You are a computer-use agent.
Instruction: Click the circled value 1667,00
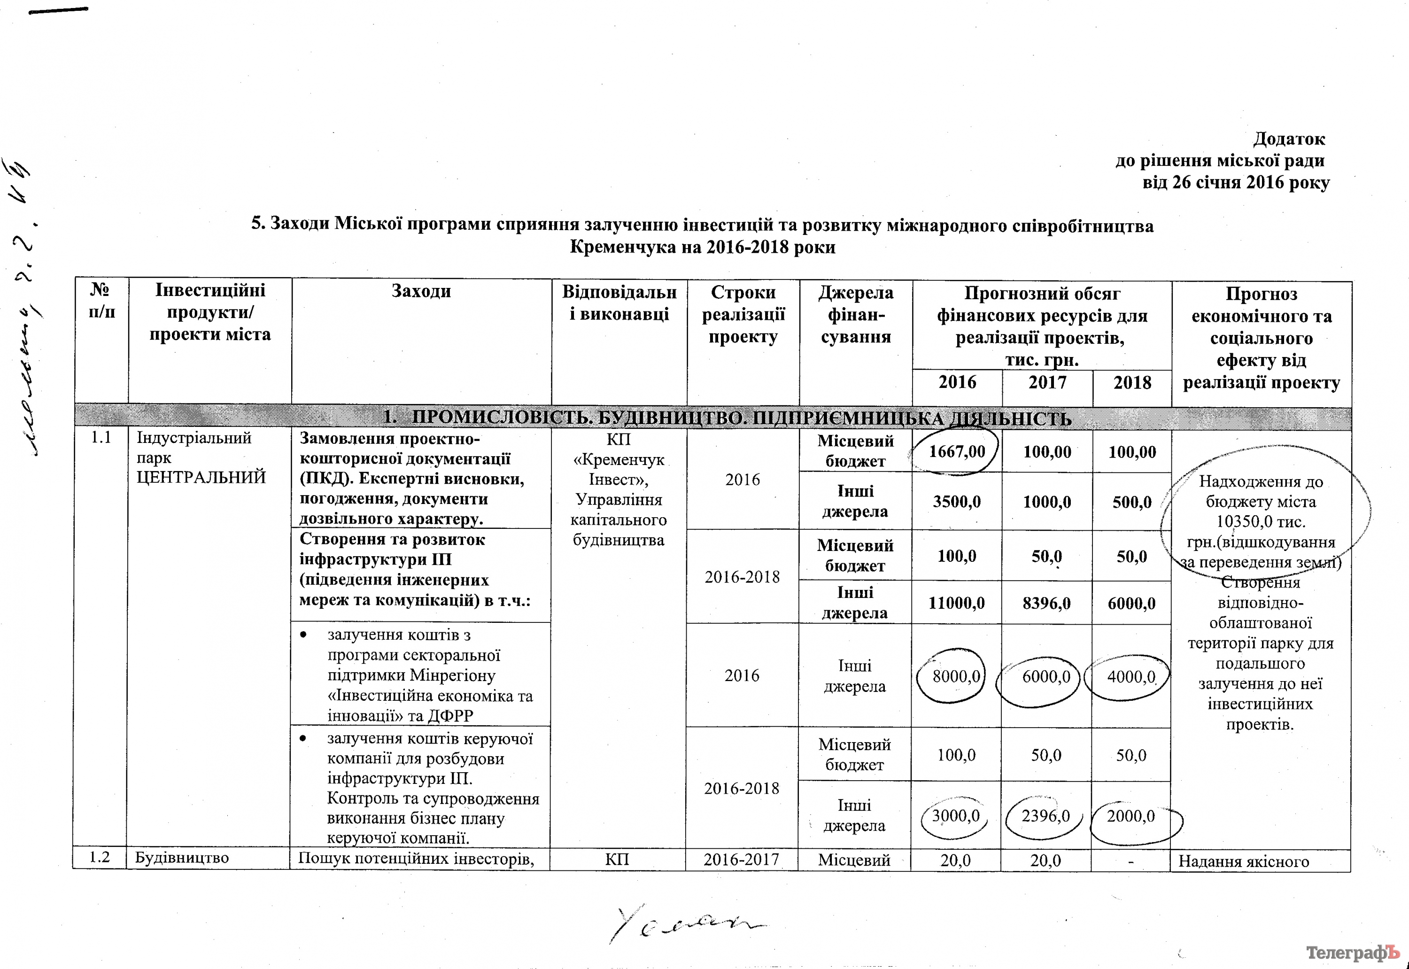point(957,452)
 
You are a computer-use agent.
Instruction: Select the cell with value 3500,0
point(957,502)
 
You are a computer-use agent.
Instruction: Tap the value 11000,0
point(956,603)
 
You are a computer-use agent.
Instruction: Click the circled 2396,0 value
point(1045,816)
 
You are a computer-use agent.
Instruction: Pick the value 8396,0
point(1046,603)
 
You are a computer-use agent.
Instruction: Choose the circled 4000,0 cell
point(1131,677)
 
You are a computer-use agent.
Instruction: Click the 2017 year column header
point(1047,382)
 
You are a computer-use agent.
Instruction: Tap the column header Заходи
point(421,291)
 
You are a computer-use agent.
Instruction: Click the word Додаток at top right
point(1289,140)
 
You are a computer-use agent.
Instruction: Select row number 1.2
point(100,858)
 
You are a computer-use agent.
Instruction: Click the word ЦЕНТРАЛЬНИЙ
point(201,477)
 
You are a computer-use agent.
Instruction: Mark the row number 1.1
point(101,438)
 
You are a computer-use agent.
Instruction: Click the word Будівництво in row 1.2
point(181,858)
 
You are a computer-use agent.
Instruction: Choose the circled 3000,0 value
point(955,816)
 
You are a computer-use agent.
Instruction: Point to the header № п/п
point(101,301)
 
